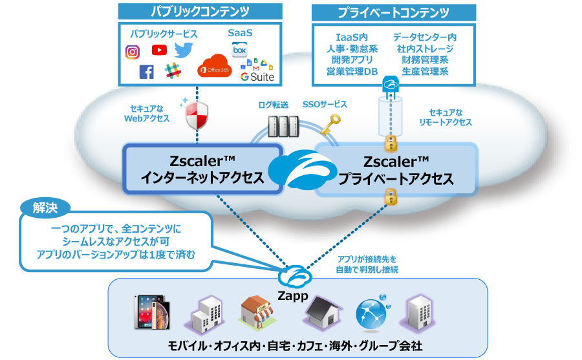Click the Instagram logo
tap(132, 52)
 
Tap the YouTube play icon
tap(159, 50)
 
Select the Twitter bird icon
tap(184, 50)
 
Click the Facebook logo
tap(147, 72)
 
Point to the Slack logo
tap(173, 70)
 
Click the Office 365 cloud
tap(214, 66)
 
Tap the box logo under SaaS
tap(239, 50)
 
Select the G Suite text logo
tap(257, 77)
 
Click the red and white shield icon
tap(197, 115)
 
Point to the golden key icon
tap(330, 125)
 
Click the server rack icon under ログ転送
tap(283, 127)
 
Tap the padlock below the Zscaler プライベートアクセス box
tap(391, 196)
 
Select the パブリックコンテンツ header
tap(200, 12)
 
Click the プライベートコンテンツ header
tap(393, 13)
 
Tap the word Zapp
tap(293, 296)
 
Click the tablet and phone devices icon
tap(152, 312)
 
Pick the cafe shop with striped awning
tap(257, 312)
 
